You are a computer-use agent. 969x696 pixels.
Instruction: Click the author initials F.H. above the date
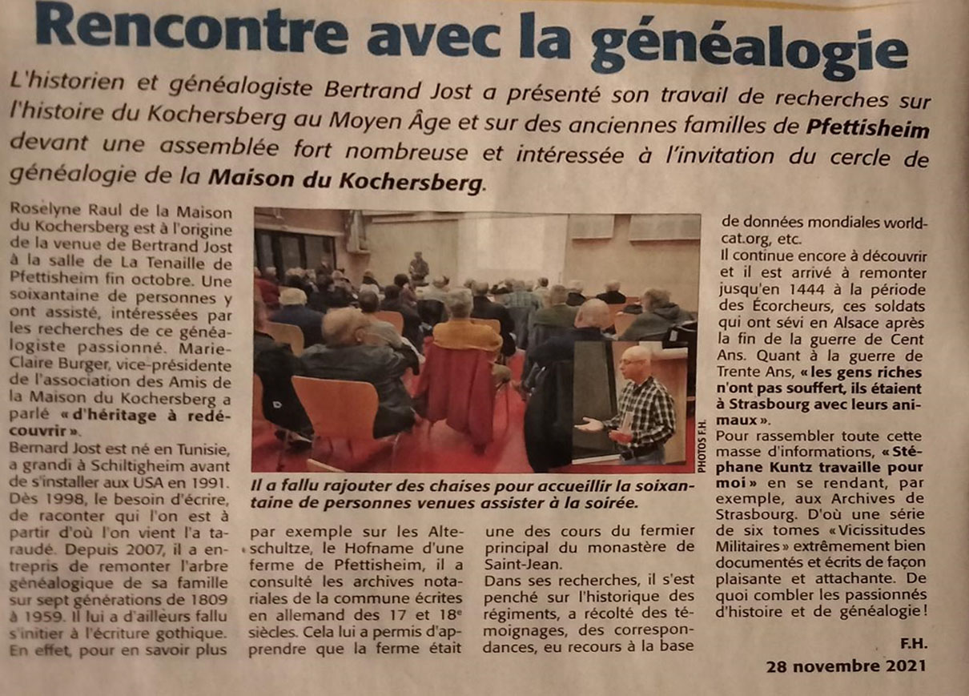(x=911, y=645)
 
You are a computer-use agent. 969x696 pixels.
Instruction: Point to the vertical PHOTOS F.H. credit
(x=702, y=447)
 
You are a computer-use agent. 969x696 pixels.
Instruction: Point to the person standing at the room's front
(x=418, y=267)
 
